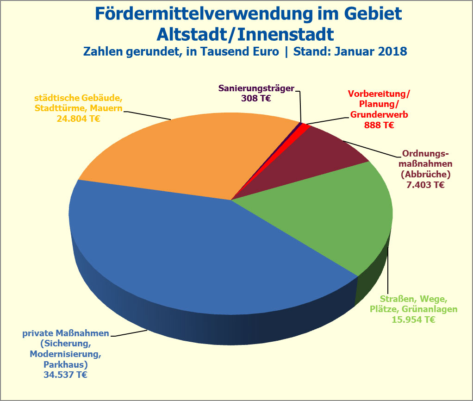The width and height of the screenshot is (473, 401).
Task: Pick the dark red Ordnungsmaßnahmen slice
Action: pos(324,153)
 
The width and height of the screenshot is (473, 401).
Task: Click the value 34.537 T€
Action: pos(65,375)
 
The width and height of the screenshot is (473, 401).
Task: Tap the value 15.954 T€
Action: pos(413,319)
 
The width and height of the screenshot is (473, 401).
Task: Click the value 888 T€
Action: pos(379,125)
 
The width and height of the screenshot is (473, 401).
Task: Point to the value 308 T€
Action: pos(256,98)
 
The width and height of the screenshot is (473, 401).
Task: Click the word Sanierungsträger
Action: pos(256,88)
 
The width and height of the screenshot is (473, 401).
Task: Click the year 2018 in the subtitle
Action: pos(392,51)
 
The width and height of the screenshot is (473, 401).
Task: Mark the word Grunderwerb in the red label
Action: pos(379,114)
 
